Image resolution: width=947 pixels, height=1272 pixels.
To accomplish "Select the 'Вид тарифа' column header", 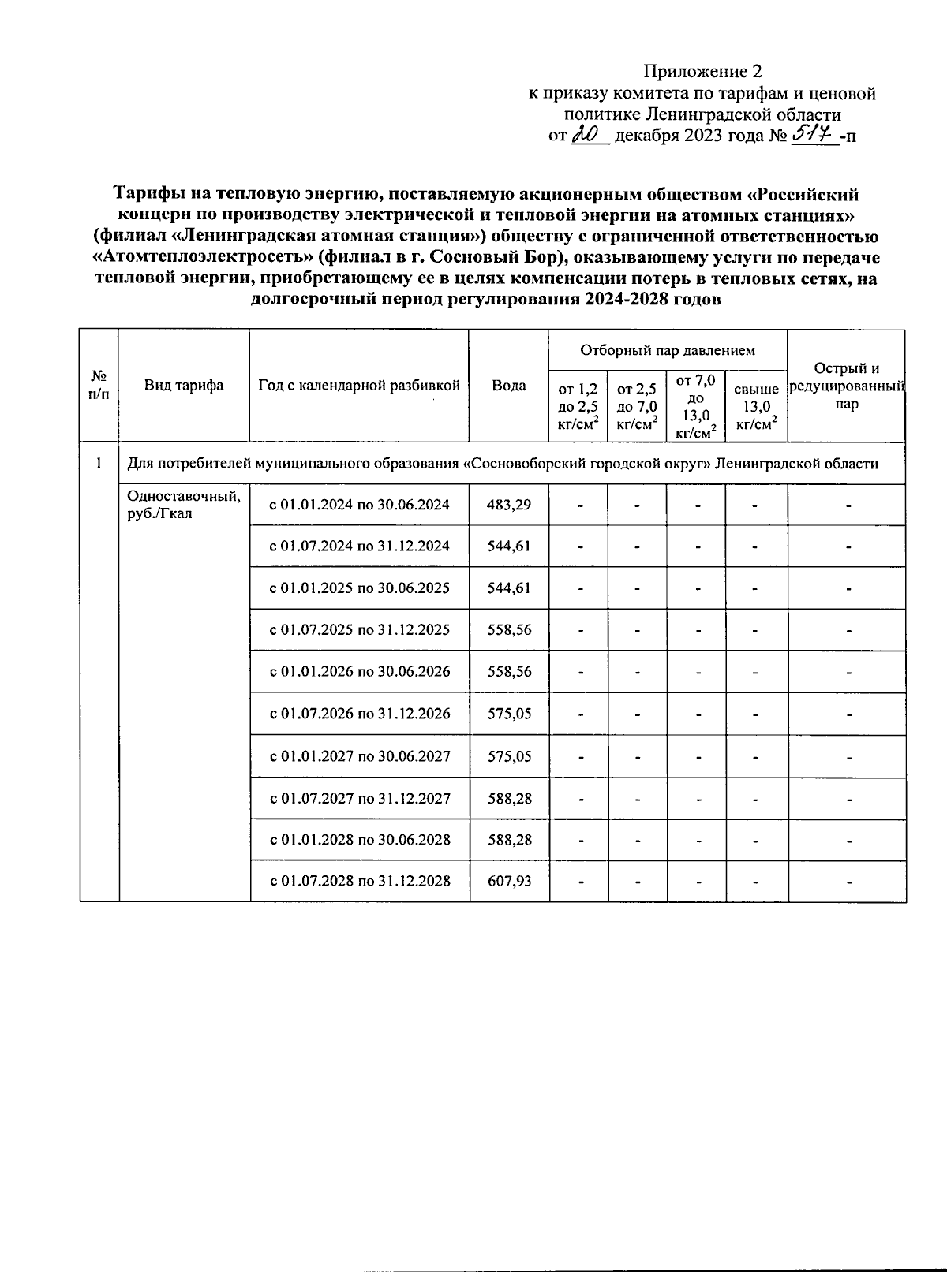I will (x=184, y=385).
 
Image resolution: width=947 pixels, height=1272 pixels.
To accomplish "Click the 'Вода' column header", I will (x=509, y=385).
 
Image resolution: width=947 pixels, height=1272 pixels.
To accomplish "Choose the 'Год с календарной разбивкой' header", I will (x=359, y=385).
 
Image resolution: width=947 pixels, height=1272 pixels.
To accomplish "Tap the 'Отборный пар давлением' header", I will (x=668, y=350).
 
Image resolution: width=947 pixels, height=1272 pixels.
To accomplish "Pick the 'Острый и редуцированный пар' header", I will (x=847, y=386).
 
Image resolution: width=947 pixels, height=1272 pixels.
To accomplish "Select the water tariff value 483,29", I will (x=509, y=505).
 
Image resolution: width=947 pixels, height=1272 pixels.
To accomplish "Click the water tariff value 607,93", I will (x=509, y=881).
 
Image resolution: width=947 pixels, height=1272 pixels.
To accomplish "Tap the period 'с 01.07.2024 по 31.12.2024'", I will (x=360, y=546).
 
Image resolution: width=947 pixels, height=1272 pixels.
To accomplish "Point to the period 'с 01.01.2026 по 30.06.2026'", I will (x=360, y=672).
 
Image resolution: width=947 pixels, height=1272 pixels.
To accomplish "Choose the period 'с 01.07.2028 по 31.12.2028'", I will (x=360, y=881).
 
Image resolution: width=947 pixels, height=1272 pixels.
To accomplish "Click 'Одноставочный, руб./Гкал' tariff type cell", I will (x=184, y=505).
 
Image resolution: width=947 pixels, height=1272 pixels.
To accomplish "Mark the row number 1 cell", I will (x=99, y=464).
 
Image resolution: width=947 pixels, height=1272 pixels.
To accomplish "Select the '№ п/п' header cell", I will (x=99, y=385).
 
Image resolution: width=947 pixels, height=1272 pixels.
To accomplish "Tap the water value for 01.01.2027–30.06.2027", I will (x=509, y=756).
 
